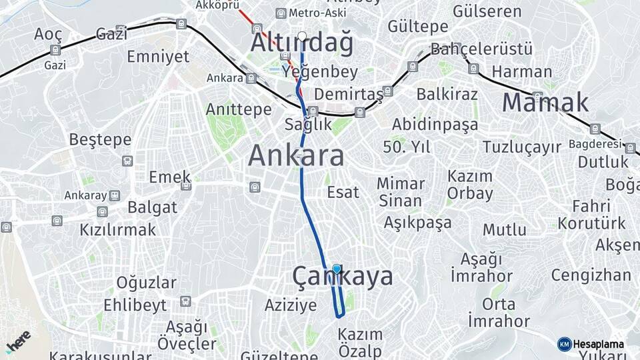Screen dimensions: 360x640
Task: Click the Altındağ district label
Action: [x=302, y=43]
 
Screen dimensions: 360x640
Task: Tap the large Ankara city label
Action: [x=296, y=156]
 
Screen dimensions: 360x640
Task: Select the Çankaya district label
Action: [x=343, y=277]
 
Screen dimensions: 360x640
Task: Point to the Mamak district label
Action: [x=545, y=102]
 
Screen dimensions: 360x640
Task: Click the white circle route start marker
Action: [x=302, y=36]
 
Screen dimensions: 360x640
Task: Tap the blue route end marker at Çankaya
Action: [x=337, y=269]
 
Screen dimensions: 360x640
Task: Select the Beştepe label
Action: [x=100, y=140]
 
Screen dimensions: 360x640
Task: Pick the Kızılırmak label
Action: [x=118, y=230]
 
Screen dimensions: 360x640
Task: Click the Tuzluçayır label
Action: [x=522, y=147]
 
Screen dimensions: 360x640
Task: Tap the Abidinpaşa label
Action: [x=435, y=125]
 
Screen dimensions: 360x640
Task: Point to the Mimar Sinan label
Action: [x=401, y=191]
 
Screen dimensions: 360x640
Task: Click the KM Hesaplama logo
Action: [x=591, y=344]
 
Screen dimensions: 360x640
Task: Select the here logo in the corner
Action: [x=18, y=342]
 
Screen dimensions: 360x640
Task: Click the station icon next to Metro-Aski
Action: [x=281, y=13]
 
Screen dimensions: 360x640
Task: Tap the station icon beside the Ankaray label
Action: [x=115, y=195]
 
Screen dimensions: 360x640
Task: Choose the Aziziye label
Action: [x=291, y=305]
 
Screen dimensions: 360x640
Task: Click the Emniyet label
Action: [x=158, y=56]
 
